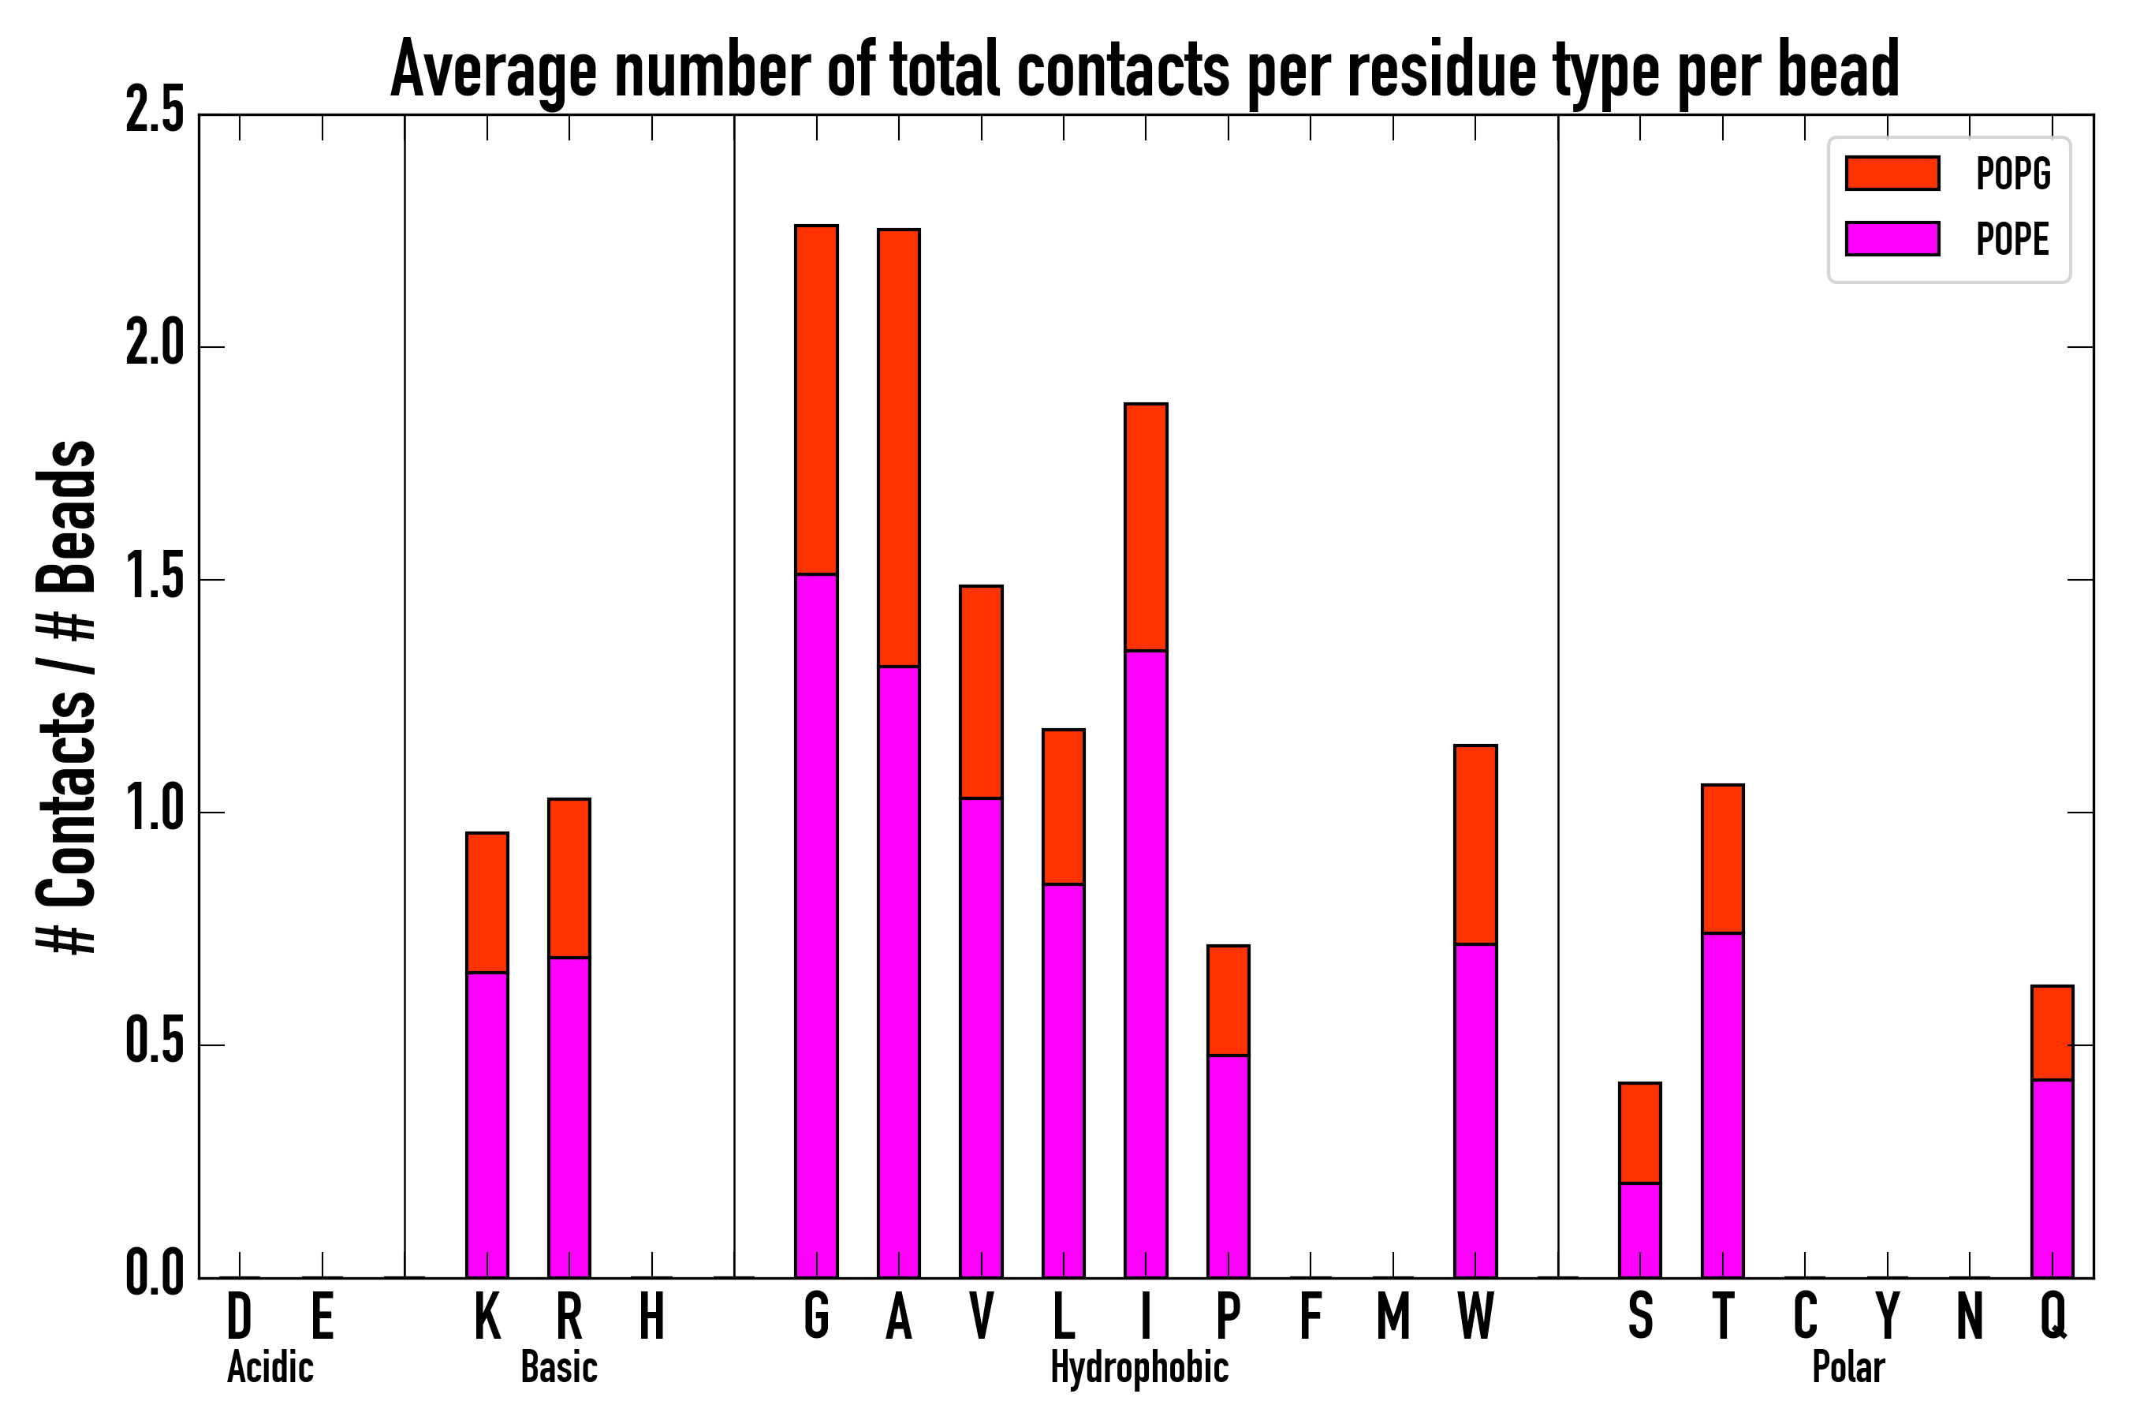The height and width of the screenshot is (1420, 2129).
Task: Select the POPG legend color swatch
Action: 1892,173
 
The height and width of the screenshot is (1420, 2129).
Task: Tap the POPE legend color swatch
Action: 1892,238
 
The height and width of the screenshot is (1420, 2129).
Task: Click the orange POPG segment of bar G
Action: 815,398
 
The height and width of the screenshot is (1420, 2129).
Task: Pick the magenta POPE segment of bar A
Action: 898,969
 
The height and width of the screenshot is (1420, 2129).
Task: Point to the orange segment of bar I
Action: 1145,526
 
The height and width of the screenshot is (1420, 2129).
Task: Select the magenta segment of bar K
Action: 487,1123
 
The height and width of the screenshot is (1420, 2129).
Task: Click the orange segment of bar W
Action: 1475,844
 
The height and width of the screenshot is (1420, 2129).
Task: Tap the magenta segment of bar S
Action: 1639,1229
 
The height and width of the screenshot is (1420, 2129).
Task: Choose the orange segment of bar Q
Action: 2052,1033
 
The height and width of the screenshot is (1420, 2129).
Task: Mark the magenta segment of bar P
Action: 1228,1165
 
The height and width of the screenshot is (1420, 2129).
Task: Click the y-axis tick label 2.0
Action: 155,346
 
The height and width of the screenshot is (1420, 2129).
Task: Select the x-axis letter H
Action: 652,1316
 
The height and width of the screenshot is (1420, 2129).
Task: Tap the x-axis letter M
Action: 1393,1316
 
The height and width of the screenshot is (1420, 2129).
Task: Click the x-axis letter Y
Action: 1887,1316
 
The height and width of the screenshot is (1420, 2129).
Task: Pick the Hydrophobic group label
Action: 1139,1367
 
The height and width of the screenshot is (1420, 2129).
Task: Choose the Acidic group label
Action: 270,1367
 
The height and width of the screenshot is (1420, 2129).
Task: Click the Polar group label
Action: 1847,1367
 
